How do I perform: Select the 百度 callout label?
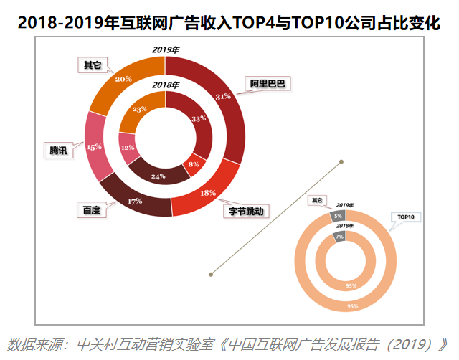coord(92,210)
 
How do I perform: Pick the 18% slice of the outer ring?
coord(209,192)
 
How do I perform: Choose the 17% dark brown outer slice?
coord(135,201)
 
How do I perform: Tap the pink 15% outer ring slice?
coord(94,146)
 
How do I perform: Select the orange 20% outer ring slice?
coord(123,79)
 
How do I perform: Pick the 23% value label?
coord(139,109)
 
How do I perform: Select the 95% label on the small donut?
coord(352,306)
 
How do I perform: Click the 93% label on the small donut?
coord(351,285)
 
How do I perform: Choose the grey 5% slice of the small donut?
coord(337,216)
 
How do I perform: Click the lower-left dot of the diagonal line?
coord(211,273)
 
